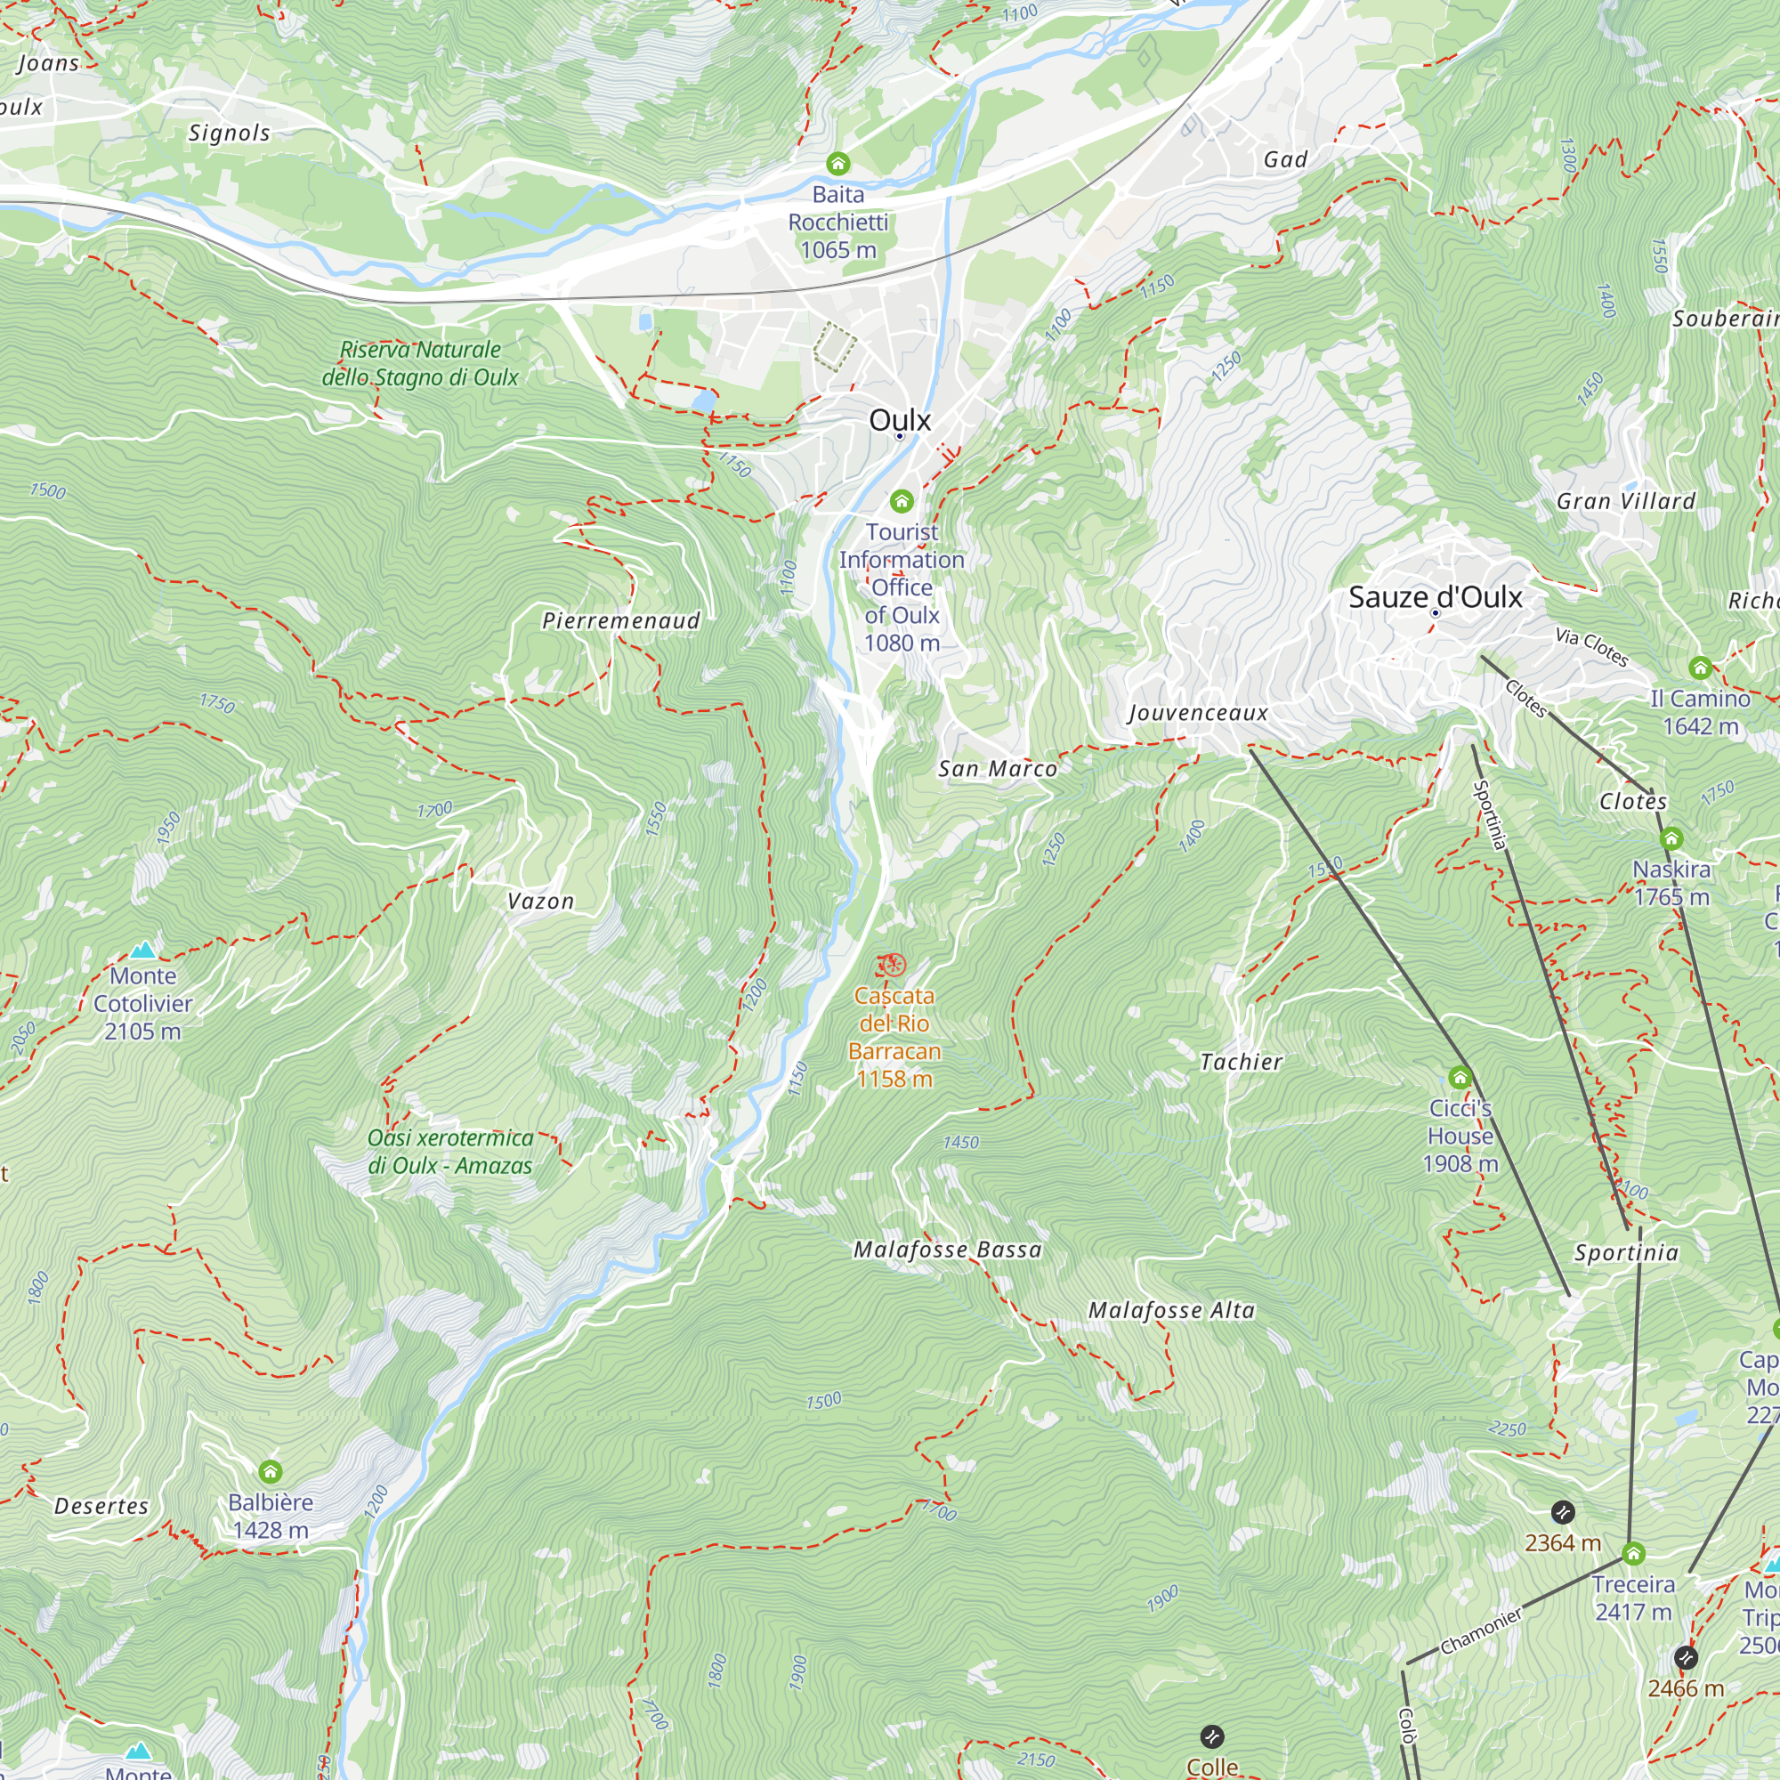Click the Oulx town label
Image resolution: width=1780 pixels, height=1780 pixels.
click(899, 420)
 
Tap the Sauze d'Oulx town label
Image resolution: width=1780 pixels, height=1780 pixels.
click(1435, 597)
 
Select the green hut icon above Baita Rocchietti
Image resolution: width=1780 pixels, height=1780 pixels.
click(837, 164)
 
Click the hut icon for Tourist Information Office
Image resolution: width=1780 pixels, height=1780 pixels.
click(901, 501)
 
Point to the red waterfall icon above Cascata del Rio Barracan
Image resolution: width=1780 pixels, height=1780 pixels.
click(892, 966)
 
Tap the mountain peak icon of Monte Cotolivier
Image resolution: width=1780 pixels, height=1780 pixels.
click(142, 950)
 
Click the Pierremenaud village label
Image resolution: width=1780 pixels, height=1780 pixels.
click(621, 621)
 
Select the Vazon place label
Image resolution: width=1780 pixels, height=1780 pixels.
click(541, 901)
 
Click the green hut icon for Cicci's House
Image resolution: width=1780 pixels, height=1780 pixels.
click(1460, 1077)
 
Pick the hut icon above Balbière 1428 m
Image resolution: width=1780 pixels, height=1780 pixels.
click(270, 1471)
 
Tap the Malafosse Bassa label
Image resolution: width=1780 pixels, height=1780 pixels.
click(947, 1250)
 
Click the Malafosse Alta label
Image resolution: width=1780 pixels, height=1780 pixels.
click(1171, 1310)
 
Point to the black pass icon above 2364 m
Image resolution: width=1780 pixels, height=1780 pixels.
click(1563, 1512)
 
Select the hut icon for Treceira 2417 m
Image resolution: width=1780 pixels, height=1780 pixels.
click(1633, 1554)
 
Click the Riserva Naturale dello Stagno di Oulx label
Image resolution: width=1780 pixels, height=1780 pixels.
click(420, 363)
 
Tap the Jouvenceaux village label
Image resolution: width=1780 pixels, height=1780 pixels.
click(1198, 713)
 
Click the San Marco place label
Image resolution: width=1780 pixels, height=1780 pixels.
click(998, 769)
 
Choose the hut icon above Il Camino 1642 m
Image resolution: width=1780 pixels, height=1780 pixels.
click(1700, 667)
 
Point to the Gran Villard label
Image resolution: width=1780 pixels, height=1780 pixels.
click(1625, 501)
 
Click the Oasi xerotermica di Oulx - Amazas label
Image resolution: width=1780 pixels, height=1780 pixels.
click(449, 1152)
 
